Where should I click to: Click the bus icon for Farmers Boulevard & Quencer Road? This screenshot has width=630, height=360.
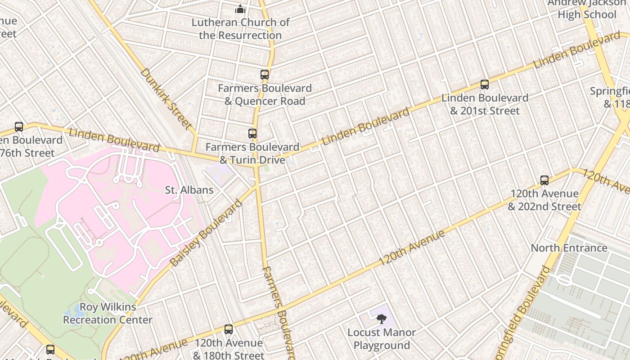(x=264, y=75)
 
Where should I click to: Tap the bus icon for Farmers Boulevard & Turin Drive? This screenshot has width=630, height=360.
(x=252, y=134)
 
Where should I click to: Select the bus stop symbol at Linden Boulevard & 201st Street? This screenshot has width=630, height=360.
(x=484, y=84)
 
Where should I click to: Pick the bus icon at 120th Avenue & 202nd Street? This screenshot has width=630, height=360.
(x=544, y=180)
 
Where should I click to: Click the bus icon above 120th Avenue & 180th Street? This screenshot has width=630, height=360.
(x=229, y=329)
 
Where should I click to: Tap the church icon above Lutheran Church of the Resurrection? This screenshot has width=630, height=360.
(x=240, y=9)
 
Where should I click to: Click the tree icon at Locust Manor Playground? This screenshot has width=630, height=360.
(x=381, y=319)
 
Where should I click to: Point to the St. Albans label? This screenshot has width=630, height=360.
(x=189, y=190)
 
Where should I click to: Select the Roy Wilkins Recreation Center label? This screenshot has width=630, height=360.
(x=108, y=314)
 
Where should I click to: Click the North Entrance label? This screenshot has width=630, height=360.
(x=569, y=248)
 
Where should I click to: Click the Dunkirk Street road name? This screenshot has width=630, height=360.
(x=166, y=98)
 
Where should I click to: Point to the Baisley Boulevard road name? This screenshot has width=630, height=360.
(x=206, y=233)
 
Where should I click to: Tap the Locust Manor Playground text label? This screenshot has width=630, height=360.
(x=381, y=339)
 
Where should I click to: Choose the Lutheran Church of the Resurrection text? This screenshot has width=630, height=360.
(x=240, y=28)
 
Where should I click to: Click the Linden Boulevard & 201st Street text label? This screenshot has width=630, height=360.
(x=485, y=104)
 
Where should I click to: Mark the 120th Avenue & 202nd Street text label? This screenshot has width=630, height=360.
(x=544, y=200)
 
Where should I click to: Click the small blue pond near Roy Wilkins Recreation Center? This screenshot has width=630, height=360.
(x=71, y=312)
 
